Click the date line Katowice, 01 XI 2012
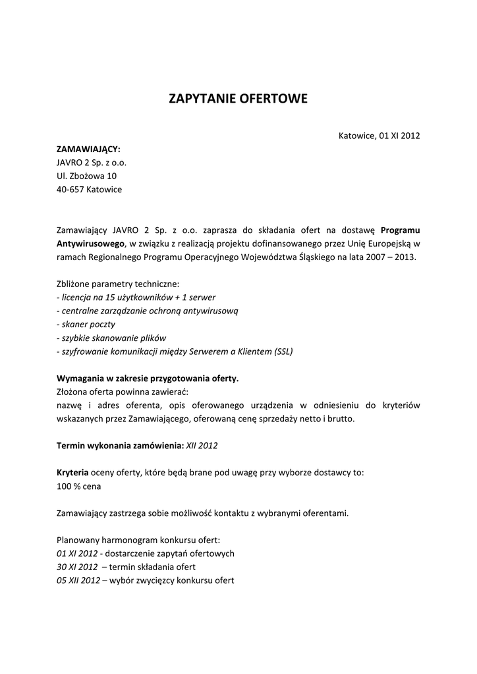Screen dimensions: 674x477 (379, 136)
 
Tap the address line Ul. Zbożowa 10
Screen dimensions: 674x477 (86, 176)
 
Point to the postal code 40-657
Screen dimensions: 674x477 (70, 190)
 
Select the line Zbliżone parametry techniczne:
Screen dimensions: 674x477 (118, 284)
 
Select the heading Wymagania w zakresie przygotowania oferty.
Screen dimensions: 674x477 (148, 378)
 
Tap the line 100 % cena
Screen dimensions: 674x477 (79, 486)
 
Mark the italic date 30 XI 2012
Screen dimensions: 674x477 (77, 567)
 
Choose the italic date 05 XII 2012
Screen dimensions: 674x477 (78, 581)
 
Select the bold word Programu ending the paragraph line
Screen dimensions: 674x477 (400, 230)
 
